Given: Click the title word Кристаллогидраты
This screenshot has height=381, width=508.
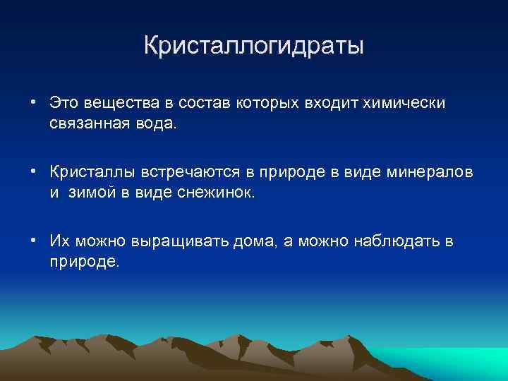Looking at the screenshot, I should click(x=254, y=47).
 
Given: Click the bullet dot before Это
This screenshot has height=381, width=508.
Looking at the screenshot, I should click(x=34, y=102).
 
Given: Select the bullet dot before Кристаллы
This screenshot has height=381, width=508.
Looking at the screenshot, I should click(x=34, y=171).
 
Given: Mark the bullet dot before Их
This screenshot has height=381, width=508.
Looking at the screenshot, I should click(x=34, y=241).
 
